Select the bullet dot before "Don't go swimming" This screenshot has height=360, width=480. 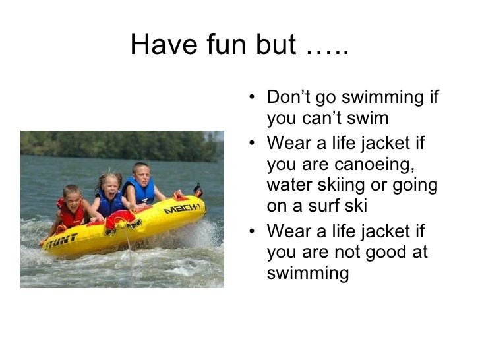point(255,98)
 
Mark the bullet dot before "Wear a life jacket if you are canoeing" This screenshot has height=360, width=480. point(255,142)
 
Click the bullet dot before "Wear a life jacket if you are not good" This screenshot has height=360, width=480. point(255,231)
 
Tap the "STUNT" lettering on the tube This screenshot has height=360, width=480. point(61,240)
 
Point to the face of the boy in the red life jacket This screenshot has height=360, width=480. point(72,196)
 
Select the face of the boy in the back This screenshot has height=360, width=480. point(141,173)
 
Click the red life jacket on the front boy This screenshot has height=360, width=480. point(71,215)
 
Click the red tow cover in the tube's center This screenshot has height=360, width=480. point(120,218)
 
